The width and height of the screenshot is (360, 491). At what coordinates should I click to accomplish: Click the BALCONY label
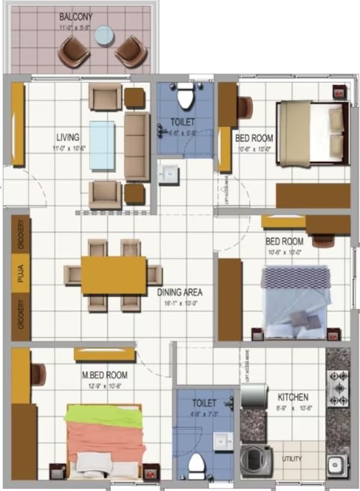(x=75, y=16)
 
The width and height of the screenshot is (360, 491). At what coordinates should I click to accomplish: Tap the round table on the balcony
(x=104, y=36)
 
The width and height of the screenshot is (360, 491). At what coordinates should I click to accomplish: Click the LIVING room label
(x=68, y=137)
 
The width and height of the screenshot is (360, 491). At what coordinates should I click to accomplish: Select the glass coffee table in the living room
(x=102, y=145)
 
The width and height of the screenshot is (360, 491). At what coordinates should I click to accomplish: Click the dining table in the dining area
(x=114, y=275)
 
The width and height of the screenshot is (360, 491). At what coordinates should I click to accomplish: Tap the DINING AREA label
(x=180, y=293)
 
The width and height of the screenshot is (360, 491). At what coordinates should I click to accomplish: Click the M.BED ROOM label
(x=104, y=375)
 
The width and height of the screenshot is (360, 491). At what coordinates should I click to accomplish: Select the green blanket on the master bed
(x=104, y=414)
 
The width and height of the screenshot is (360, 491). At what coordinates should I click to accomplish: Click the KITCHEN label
(x=293, y=397)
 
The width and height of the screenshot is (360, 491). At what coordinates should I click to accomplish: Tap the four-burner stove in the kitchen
(x=338, y=388)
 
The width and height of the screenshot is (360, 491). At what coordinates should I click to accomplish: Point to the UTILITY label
(x=293, y=459)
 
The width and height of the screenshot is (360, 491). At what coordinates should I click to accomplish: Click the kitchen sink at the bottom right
(x=337, y=464)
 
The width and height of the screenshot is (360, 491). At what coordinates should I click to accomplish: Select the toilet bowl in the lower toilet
(x=196, y=464)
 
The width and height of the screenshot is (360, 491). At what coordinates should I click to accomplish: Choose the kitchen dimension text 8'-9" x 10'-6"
(x=293, y=409)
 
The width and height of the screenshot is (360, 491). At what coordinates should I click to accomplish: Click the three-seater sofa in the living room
(x=137, y=146)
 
